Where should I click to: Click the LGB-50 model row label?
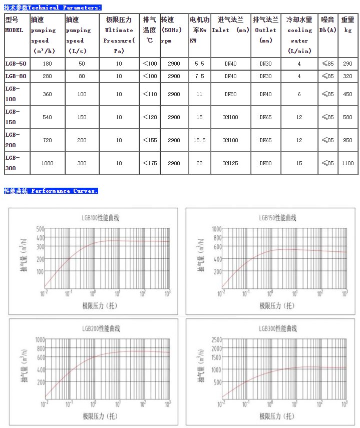click(x=16, y=64)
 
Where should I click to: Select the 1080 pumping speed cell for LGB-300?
click(x=47, y=163)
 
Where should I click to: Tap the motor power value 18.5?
click(x=199, y=140)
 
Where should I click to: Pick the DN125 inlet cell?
click(x=230, y=163)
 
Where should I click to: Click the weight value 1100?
click(x=347, y=163)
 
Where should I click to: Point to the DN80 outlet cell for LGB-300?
click(x=265, y=163)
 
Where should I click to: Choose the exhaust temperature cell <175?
click(x=150, y=163)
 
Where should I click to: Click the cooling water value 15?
click(x=299, y=163)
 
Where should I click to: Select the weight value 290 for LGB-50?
click(x=347, y=64)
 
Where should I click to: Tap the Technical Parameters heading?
click(x=52, y=8)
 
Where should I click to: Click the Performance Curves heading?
click(x=51, y=191)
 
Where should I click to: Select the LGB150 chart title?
click(x=278, y=218)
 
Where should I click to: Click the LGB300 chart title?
click(x=278, y=328)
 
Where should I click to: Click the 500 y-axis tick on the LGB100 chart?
click(x=40, y=229)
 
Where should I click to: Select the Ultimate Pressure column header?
click(x=119, y=35)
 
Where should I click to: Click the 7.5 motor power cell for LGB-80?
click(x=199, y=76)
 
